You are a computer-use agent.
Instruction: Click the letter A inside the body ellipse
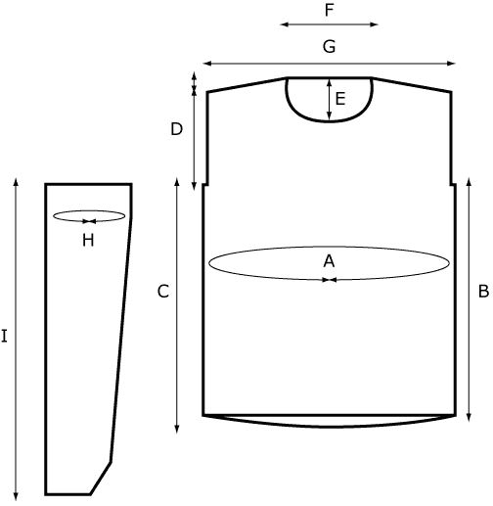point(329,261)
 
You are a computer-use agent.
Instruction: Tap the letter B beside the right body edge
point(484,291)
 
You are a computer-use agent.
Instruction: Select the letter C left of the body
point(163,292)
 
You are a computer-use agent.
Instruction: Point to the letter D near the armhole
point(177,129)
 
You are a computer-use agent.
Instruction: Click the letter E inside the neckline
point(340,99)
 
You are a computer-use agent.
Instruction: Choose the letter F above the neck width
point(330,10)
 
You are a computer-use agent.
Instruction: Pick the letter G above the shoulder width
point(329,46)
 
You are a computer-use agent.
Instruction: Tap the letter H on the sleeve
point(88,241)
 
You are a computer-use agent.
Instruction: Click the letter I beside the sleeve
point(4,336)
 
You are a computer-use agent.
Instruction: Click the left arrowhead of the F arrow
point(285,24)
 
